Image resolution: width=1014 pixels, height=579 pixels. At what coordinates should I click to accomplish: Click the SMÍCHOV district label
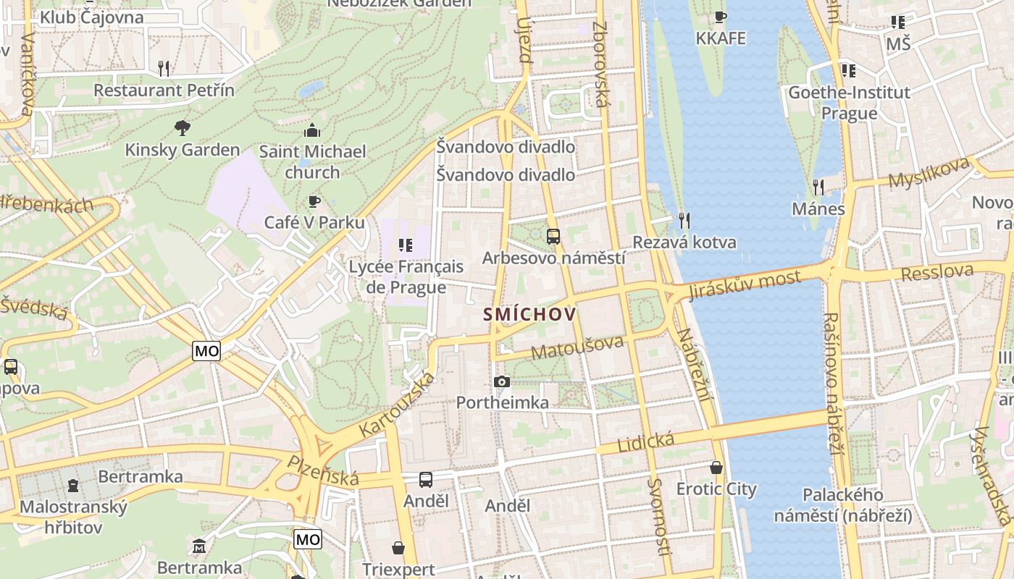[x=529, y=314]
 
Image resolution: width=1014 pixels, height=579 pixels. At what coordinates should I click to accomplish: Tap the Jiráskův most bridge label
[x=745, y=285]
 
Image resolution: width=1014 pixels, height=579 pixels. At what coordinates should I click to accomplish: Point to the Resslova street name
[x=938, y=272]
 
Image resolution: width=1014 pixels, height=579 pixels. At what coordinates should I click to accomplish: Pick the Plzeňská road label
[x=323, y=470]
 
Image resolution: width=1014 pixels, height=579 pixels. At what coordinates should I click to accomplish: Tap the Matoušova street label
[x=577, y=347]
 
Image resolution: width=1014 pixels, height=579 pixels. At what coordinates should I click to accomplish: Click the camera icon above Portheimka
[x=501, y=381]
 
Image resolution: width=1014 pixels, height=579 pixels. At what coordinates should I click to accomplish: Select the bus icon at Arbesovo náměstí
[x=553, y=236]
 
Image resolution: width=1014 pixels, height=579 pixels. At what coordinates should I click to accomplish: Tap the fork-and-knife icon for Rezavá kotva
[x=682, y=219]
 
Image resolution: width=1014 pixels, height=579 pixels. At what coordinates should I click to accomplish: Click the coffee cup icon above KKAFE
[x=720, y=17]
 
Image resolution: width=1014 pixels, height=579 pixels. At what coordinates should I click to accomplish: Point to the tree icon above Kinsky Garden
[x=183, y=128]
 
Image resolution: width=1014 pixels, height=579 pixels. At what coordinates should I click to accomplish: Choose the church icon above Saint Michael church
[x=312, y=130]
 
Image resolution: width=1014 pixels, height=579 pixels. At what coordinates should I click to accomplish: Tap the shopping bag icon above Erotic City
[x=716, y=468]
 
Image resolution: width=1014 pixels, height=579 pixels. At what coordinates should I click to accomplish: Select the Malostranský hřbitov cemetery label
[x=73, y=517]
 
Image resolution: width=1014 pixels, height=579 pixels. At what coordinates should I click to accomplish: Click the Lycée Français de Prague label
[x=406, y=276]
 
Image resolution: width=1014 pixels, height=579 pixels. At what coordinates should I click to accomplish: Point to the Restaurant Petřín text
[x=164, y=90]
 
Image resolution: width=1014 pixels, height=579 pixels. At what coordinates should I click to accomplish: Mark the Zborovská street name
[x=600, y=64]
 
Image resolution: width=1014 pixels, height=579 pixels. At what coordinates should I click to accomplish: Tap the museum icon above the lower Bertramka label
[x=199, y=545]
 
